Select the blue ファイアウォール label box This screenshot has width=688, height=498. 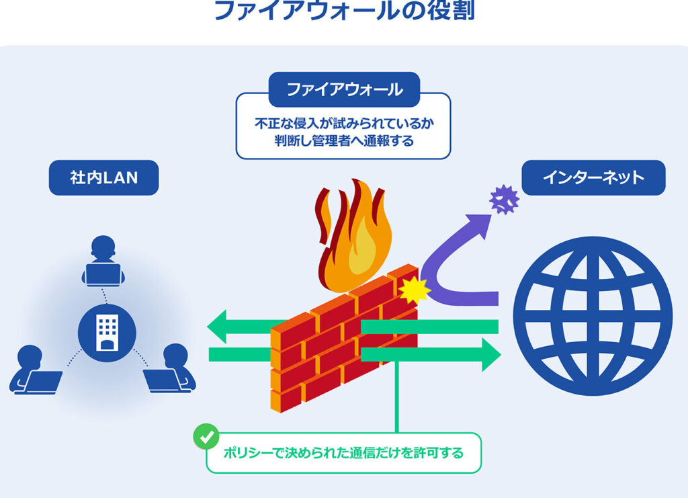[343, 89]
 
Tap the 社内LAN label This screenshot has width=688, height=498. [103, 177]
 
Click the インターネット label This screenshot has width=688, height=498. [593, 177]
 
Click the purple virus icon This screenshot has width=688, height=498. [504, 199]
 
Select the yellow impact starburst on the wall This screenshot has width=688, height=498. [414, 290]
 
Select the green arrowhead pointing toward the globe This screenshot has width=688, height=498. [490, 354]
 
